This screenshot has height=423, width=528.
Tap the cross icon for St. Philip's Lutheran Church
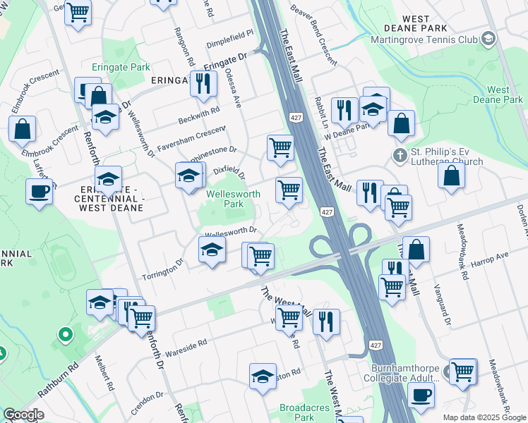pos(399,155)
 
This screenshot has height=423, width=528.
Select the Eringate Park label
pos(121,68)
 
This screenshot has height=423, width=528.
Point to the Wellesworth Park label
pos(224,199)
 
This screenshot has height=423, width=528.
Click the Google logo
pos(24,415)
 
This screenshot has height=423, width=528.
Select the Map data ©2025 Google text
pos(484,417)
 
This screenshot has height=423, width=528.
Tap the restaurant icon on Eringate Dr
pos(203,84)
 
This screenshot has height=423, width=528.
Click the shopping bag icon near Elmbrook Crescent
pos(23,130)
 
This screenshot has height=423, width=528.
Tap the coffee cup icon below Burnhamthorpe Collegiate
pos(421,396)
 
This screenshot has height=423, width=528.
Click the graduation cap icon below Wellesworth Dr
pos(212,250)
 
